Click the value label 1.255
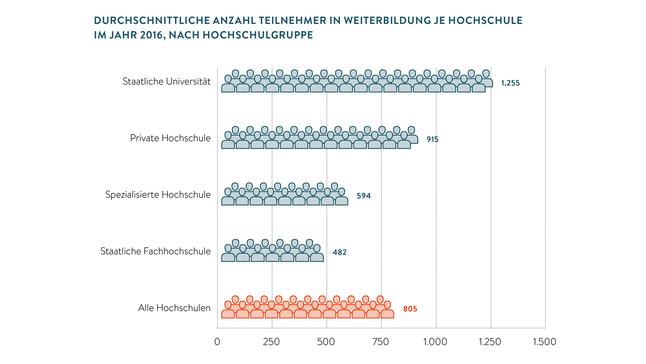tap(510, 83)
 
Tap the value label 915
tap(432, 139)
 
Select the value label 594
tap(364, 196)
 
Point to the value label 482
tap(339, 252)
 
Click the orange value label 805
tap(410, 309)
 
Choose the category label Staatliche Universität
tap(166, 81)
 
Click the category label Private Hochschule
tap(170, 138)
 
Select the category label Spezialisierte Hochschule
tap(158, 195)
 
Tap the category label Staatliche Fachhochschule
tap(155, 251)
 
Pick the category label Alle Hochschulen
tap(174, 308)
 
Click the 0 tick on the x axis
tap(217, 342)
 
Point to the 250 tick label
tap(271, 342)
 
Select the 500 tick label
tap(326, 342)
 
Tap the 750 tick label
tap(381, 342)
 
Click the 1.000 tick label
tap(435, 342)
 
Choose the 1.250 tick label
tap(490, 342)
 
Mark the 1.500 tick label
tap(545, 342)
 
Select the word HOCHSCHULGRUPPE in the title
tap(258, 35)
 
